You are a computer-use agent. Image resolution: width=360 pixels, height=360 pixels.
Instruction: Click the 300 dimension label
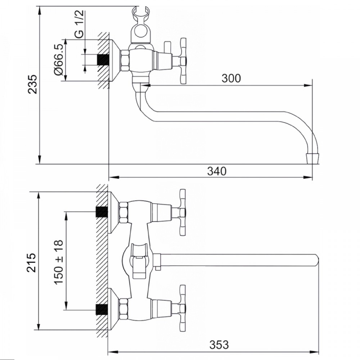231,78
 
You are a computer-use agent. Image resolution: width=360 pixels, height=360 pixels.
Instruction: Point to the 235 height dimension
32,84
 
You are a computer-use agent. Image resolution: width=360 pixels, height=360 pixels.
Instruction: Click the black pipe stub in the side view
103,60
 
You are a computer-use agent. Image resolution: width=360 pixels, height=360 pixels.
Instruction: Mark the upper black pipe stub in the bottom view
102,212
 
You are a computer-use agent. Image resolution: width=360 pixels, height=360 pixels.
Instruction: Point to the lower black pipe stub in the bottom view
102,309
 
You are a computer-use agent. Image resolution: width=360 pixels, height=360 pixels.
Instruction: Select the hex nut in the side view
125,60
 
